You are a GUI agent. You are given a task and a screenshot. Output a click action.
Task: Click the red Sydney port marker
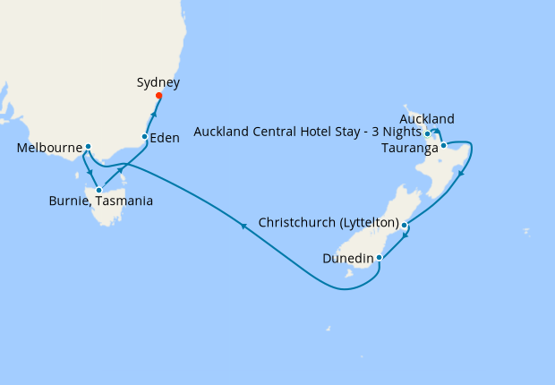click(158, 96)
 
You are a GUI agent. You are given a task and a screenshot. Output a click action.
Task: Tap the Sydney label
click(158, 82)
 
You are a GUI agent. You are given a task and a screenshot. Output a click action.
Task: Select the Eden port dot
click(145, 136)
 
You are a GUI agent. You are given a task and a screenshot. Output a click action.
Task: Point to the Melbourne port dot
click(88, 146)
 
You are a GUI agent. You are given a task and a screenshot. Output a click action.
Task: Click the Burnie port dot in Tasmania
click(98, 190)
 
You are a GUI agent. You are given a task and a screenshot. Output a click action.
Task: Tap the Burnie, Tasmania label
click(100, 201)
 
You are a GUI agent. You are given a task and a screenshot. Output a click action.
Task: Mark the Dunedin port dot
click(380, 258)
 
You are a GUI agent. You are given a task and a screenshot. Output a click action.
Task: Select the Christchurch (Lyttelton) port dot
click(405, 225)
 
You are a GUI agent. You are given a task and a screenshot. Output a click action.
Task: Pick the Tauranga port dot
click(443, 145)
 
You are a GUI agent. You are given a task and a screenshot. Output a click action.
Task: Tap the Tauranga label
click(409, 148)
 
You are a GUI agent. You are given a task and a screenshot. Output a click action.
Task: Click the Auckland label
click(427, 119)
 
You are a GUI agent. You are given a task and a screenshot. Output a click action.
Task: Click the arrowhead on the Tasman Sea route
click(243, 227)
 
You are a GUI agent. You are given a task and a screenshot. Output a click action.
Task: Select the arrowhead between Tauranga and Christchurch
click(461, 175)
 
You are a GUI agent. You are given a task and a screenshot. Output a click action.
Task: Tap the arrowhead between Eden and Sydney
click(153, 115)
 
